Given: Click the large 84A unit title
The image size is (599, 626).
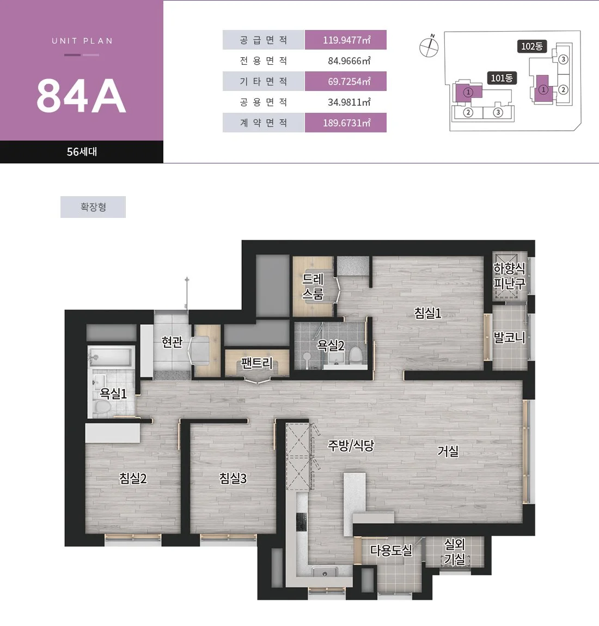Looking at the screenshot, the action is [x=82, y=96].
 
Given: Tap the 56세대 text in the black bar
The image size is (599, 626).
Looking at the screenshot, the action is [x=82, y=151].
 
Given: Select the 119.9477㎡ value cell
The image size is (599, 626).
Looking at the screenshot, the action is [x=346, y=40].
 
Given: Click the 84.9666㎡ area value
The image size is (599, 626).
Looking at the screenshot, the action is [x=349, y=60].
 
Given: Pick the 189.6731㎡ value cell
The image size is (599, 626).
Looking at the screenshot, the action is [x=346, y=123].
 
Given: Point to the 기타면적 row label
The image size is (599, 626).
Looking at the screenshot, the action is [x=264, y=81].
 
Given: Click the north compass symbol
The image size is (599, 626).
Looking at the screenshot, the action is [x=429, y=47].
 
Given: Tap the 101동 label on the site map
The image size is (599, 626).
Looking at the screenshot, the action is [x=502, y=78].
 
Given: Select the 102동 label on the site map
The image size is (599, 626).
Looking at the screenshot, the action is [x=532, y=46].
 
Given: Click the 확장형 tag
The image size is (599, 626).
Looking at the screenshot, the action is [x=93, y=207].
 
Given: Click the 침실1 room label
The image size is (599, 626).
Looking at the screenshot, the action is [x=428, y=313].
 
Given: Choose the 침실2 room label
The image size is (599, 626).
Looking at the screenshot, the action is [x=133, y=478].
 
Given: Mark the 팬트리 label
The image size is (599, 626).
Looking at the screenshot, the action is [x=256, y=363].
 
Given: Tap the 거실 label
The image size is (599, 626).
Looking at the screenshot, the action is [x=448, y=451].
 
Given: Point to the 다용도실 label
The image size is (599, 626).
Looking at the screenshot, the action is [x=391, y=551].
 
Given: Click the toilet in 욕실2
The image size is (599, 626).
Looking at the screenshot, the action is [x=356, y=355].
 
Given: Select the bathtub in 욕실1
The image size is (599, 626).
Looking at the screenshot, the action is [x=111, y=357].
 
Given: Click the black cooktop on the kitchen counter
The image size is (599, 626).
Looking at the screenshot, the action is [x=301, y=521].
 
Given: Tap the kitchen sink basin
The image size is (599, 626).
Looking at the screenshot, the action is [x=325, y=573].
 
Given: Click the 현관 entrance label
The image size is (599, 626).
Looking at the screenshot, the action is [x=172, y=342].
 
